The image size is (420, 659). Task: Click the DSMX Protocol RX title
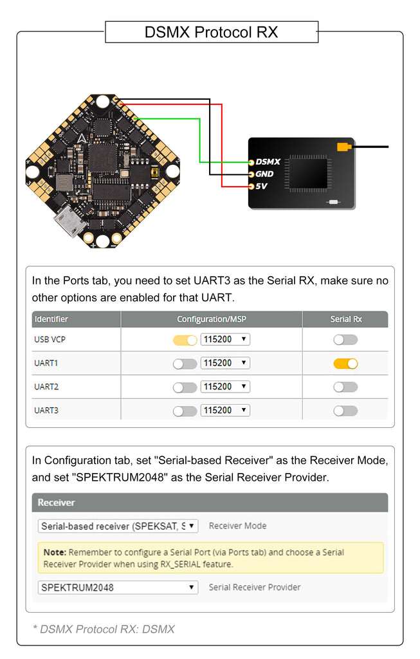click(211, 32)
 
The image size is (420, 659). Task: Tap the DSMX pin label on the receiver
click(268, 162)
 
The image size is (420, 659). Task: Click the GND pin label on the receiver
click(264, 174)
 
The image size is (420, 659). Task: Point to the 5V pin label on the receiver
click(260, 187)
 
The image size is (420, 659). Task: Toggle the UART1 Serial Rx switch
click(345, 364)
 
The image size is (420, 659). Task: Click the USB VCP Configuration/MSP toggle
click(185, 340)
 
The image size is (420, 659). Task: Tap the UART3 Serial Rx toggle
click(345, 411)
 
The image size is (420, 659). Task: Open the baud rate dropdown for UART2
click(225, 387)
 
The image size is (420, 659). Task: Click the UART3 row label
click(46, 411)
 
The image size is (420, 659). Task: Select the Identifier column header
click(51, 319)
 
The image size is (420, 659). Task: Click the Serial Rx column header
click(346, 319)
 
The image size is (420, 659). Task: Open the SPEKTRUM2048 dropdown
click(118, 588)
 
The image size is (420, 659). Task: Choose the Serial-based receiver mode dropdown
click(118, 526)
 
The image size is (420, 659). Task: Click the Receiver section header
click(57, 503)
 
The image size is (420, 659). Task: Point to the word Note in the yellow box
click(55, 552)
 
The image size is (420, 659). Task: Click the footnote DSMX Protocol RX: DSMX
click(104, 629)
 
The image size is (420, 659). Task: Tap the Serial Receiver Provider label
click(255, 587)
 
